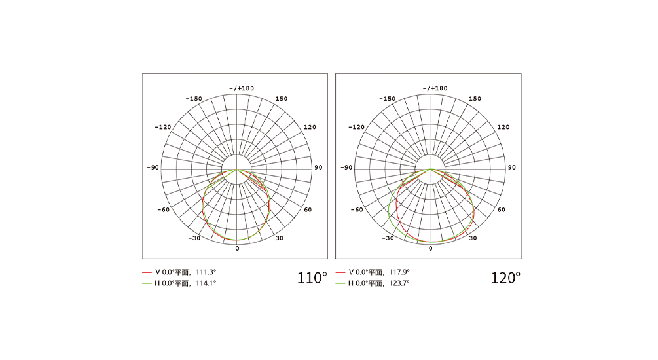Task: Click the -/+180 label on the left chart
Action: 242,88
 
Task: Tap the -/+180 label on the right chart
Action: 435,88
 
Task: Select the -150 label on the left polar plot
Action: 194,99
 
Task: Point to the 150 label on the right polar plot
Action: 475,99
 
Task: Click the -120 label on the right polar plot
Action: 356,127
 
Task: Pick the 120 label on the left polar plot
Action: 310,127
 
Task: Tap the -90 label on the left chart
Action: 153,168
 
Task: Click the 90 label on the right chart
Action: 512,168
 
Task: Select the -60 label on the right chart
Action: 357,210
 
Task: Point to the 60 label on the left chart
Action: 308,210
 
